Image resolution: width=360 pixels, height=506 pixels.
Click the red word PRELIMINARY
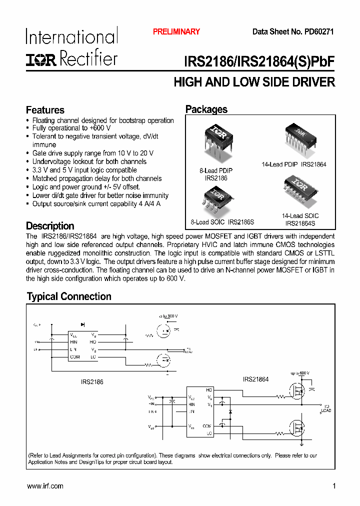pyautogui.click(x=176, y=31)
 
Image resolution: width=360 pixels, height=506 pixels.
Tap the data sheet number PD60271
pyautogui.click(x=317, y=31)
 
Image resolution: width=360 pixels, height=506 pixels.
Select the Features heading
pyautogui.click(x=45, y=110)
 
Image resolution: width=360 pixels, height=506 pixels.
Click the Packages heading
pyautogui.click(x=206, y=109)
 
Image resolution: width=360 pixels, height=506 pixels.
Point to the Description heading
pyautogui.click(x=50, y=226)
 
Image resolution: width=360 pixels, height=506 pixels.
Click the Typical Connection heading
pyautogui.click(x=69, y=296)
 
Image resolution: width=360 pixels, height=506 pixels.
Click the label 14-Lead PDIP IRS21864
pyautogui.click(x=294, y=164)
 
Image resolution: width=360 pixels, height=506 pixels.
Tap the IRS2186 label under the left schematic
pyautogui.click(x=92, y=381)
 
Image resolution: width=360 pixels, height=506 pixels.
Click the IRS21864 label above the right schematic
pyautogui.click(x=256, y=379)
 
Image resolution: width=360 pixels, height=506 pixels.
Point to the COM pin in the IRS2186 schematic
pyautogui.click(x=75, y=356)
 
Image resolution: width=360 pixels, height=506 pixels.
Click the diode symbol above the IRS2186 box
pyautogui.click(x=82, y=325)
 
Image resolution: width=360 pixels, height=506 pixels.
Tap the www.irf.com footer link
pyautogui.click(x=45, y=486)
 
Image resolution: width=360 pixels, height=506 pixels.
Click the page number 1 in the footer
pyautogui.click(x=333, y=486)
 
